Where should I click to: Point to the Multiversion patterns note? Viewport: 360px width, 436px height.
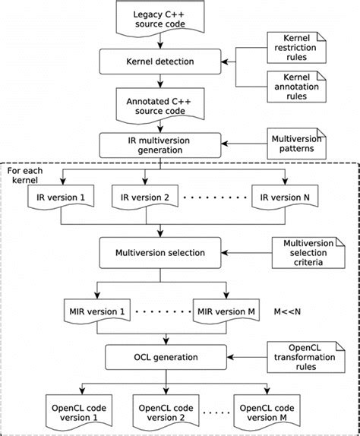point(295,143)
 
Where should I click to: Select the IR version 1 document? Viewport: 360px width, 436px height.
point(63,198)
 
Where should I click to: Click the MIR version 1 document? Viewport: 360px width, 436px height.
point(96,311)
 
